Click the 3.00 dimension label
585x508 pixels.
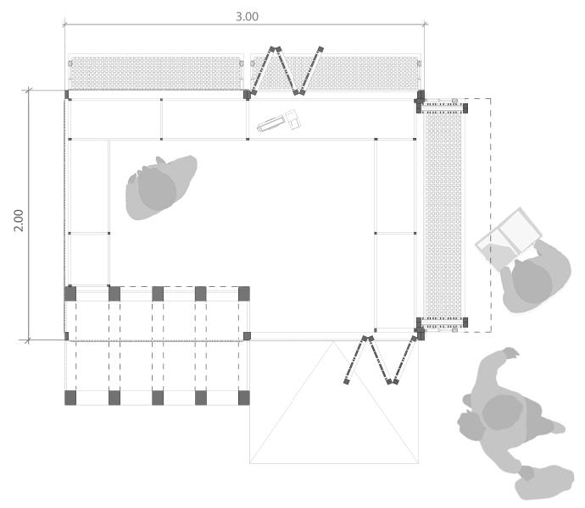247,16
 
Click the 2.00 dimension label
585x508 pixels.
19,216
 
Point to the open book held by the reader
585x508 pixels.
508,236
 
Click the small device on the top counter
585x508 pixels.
281,122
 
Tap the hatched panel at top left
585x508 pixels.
156,73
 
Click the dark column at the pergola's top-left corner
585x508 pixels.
70,294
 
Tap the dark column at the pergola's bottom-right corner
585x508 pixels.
244,397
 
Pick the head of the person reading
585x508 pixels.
532,280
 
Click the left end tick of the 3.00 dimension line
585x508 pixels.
65,25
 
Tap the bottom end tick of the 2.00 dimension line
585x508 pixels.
29,340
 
